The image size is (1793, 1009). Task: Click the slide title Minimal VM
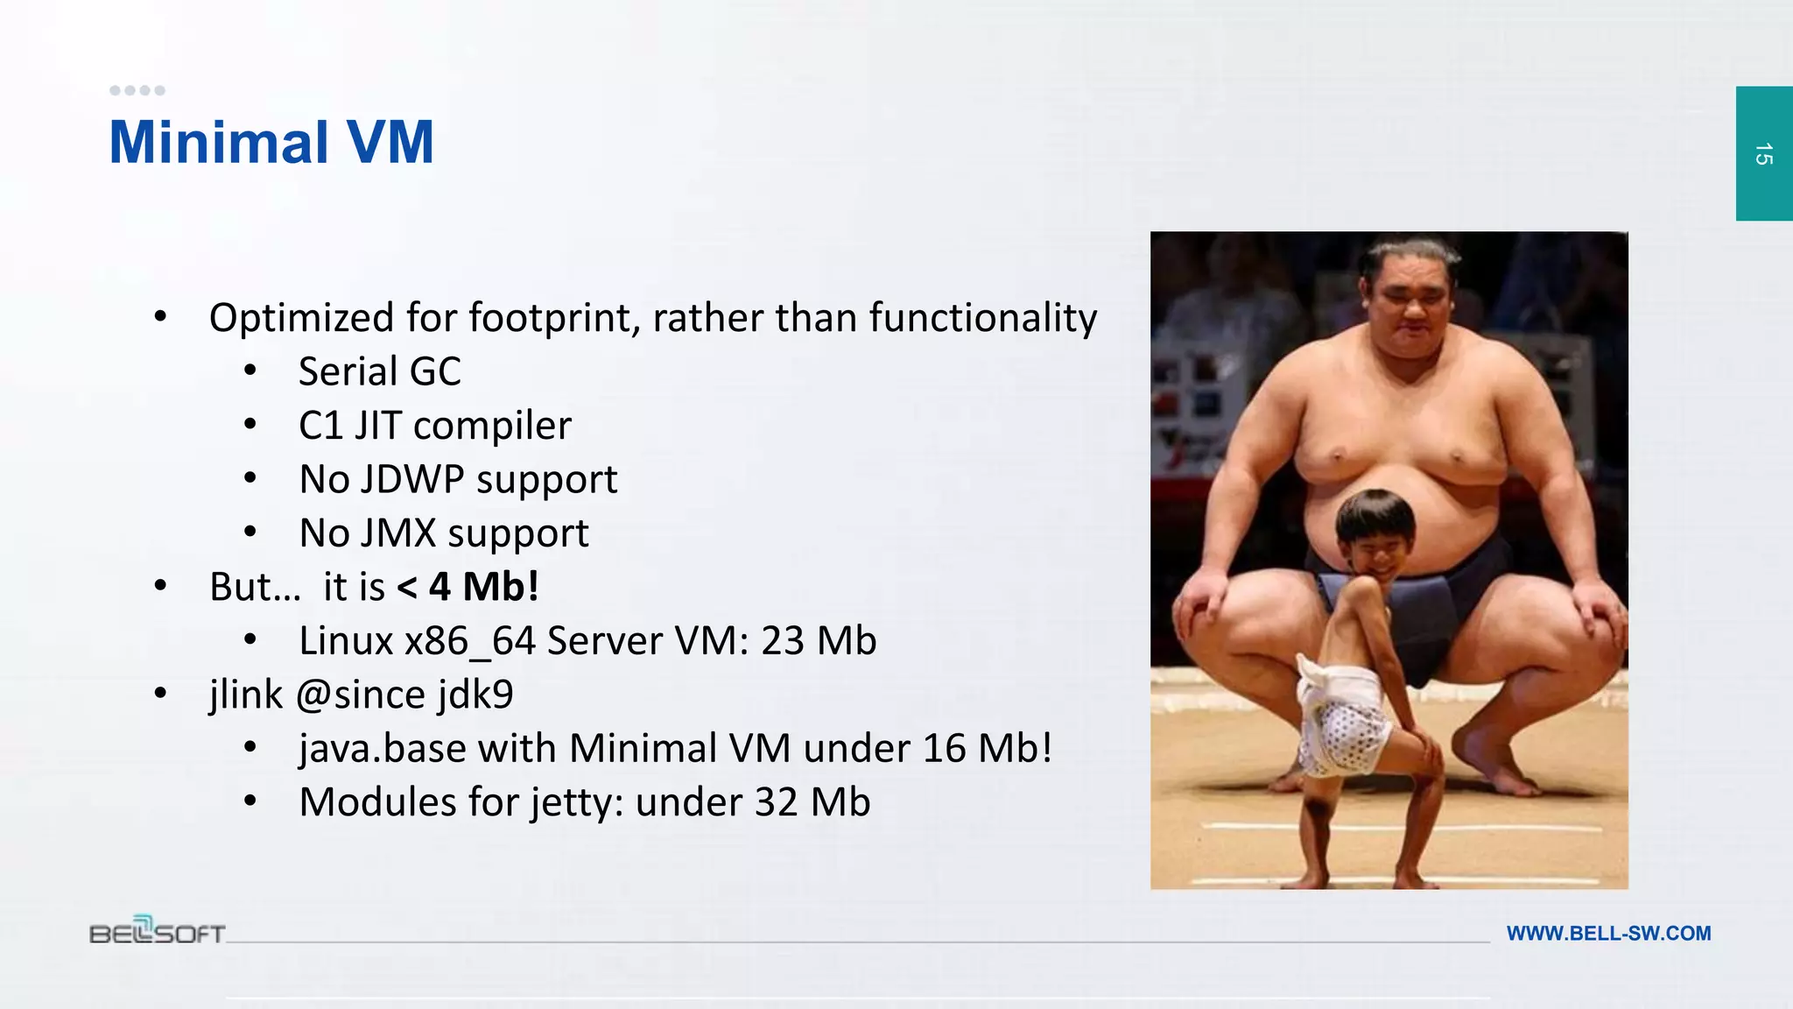[271, 143]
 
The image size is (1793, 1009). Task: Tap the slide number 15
[1763, 154]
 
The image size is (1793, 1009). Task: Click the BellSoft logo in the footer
[158, 932]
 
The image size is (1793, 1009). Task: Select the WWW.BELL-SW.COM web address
[1608, 934]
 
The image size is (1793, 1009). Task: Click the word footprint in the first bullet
[548, 318]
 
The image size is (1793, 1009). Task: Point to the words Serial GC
[379, 371]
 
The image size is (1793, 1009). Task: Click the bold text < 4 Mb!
[468, 587]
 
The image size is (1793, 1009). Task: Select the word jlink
[246, 695]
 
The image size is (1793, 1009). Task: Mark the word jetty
[577, 803]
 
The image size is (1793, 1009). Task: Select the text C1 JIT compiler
[435, 426]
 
